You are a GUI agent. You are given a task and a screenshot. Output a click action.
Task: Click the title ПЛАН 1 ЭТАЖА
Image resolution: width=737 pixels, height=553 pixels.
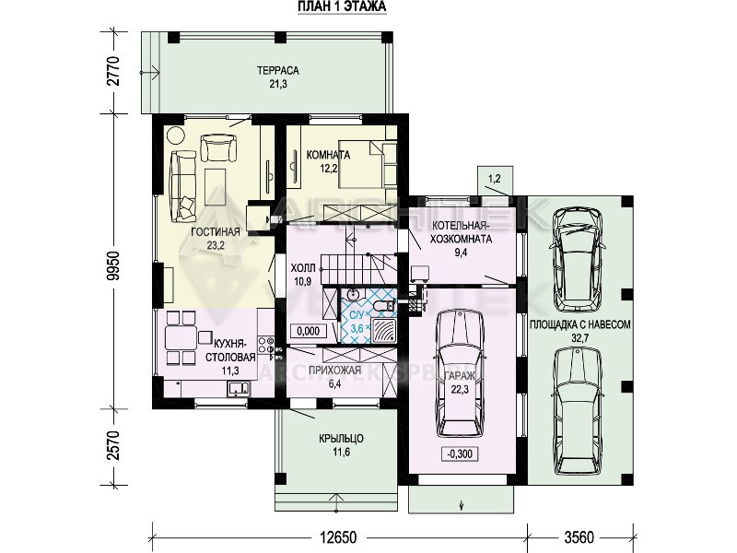342,6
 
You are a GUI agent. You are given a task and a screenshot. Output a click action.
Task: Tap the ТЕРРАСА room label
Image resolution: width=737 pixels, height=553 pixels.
278,71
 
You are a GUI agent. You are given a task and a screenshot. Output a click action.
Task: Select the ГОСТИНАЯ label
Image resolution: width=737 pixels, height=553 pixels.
216,231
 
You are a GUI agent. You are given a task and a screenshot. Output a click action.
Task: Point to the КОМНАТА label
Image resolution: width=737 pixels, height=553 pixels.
328,155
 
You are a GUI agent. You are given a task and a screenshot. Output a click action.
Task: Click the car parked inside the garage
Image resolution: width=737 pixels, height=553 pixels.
459,373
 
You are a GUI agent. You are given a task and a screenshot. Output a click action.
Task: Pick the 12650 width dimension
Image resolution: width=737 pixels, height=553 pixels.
338,537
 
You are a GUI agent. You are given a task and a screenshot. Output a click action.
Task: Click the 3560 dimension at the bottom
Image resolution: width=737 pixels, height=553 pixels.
579,537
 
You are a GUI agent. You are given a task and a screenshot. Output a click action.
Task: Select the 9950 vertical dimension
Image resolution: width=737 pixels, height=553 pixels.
114,265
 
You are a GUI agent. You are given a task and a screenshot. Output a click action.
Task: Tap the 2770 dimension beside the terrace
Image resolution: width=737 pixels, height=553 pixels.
114,71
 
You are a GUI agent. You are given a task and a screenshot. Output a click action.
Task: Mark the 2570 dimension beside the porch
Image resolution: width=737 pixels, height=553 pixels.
114,445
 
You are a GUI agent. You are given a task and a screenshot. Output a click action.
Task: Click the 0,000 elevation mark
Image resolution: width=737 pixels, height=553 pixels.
309,331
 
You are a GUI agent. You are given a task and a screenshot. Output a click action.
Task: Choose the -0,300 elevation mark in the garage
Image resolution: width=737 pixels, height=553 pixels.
460,453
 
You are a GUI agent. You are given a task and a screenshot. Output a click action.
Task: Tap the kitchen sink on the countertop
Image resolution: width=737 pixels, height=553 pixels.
239,389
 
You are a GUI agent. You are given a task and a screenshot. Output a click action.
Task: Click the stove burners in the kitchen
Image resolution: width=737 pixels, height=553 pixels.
266,345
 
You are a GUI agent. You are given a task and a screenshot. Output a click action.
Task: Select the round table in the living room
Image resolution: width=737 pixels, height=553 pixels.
176,135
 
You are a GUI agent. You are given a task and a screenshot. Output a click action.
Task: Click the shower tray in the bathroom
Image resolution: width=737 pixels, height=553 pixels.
383,331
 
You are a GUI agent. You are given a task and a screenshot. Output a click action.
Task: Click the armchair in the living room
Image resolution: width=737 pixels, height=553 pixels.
218,147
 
